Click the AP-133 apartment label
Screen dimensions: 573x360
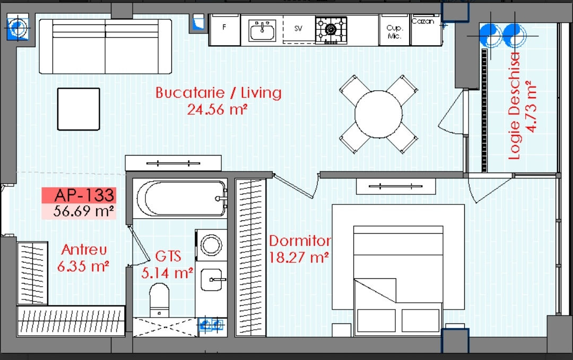click(84, 195)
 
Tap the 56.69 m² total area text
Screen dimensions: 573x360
click(83, 211)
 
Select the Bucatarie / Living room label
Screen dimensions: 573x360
click(219, 92)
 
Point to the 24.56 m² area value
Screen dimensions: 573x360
click(218, 109)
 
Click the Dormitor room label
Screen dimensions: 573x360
click(300, 241)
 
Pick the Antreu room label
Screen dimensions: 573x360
click(84, 250)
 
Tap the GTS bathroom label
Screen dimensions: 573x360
click(168, 256)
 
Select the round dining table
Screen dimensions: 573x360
click(378, 114)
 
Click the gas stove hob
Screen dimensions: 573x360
click(331, 30)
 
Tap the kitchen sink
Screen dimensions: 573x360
click(263, 30)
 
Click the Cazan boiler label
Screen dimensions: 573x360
click(423, 21)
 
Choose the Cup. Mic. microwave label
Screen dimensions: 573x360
click(395, 32)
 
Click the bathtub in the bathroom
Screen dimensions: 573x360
click(181, 199)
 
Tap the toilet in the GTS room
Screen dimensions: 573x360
click(159, 300)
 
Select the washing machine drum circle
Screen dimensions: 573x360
click(211, 245)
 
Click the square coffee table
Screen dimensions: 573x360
click(79, 109)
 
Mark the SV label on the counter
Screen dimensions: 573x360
click(298, 29)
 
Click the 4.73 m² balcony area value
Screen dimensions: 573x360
click(531, 106)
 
